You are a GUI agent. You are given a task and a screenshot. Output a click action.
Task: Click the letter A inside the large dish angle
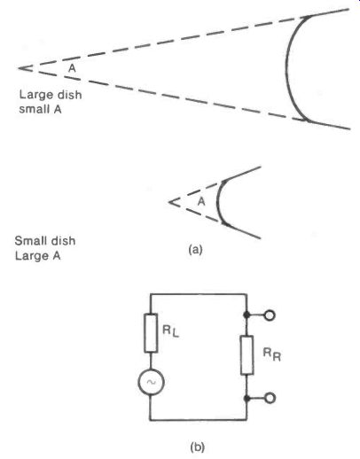[72, 68]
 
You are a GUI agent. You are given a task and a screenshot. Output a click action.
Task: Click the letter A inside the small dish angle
[201, 201]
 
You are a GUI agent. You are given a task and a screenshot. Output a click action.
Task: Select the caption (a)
[195, 250]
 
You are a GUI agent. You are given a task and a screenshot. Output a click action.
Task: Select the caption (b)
[198, 447]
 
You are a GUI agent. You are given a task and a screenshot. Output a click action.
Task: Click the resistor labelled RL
[151, 333]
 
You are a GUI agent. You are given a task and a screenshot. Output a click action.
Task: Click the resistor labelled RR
[247, 355]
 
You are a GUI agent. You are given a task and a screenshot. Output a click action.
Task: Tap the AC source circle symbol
[151, 382]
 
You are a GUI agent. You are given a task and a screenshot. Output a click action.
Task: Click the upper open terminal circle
[270, 315]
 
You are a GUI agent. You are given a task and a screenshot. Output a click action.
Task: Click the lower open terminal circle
[270, 398]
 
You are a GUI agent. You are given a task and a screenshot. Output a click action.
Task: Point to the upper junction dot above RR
[247, 315]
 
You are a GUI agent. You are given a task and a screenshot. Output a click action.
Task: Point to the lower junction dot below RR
[247, 398]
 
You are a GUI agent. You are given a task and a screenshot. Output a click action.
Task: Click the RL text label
[171, 331]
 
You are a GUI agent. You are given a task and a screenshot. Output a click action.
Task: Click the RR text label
[272, 354]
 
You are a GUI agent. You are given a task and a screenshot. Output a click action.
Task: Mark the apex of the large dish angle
[19, 68]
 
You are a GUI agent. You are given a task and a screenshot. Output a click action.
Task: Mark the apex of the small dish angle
[168, 202]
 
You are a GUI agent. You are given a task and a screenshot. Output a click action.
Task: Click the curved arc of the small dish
[218, 201]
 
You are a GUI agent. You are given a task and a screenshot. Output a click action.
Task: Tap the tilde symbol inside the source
[151, 382]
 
